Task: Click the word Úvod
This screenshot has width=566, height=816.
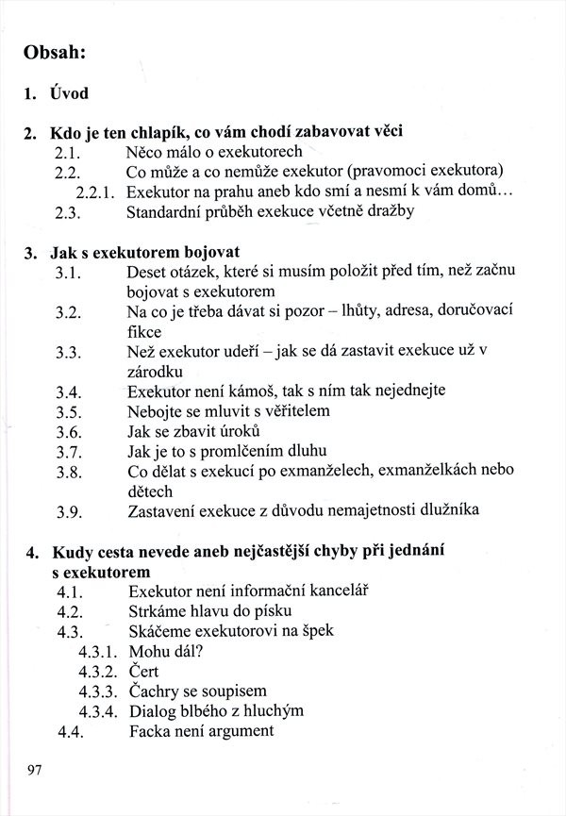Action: coord(70,94)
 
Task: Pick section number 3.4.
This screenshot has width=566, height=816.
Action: coord(72,391)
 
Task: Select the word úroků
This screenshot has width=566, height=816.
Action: coord(223,431)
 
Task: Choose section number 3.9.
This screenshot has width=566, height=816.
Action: coord(72,511)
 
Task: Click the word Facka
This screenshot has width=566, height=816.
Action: coord(148,730)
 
